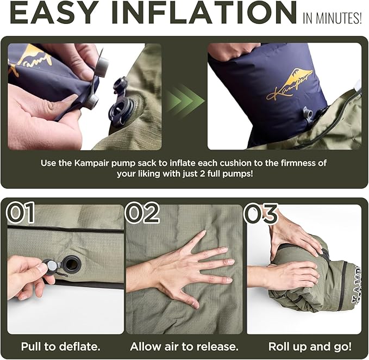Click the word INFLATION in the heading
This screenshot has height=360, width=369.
204,12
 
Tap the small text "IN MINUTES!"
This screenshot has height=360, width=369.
332,18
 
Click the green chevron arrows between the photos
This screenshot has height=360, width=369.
185,97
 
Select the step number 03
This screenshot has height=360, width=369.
261,213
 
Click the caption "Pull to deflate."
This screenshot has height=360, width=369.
61,346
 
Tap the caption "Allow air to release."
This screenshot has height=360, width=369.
184,346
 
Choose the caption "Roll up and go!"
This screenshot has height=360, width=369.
310,346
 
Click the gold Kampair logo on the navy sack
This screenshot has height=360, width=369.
290,84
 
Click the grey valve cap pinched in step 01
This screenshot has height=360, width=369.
51,266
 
